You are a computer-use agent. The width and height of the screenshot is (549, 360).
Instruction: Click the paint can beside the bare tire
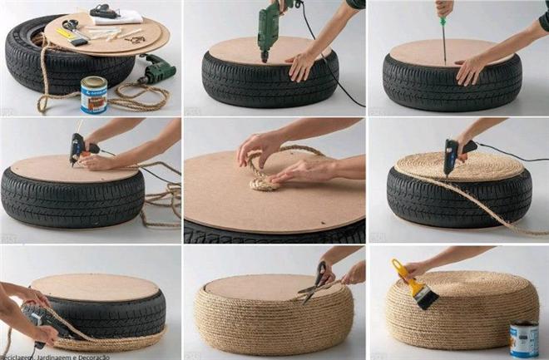[x=93, y=93]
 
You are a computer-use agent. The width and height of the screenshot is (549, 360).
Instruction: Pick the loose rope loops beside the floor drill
[x=125, y=96]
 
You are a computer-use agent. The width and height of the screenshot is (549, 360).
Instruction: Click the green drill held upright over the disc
[x=270, y=25]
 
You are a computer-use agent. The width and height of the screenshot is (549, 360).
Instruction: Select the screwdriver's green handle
[x=444, y=7]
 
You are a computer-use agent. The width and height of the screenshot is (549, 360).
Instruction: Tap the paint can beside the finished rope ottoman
[x=524, y=338]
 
